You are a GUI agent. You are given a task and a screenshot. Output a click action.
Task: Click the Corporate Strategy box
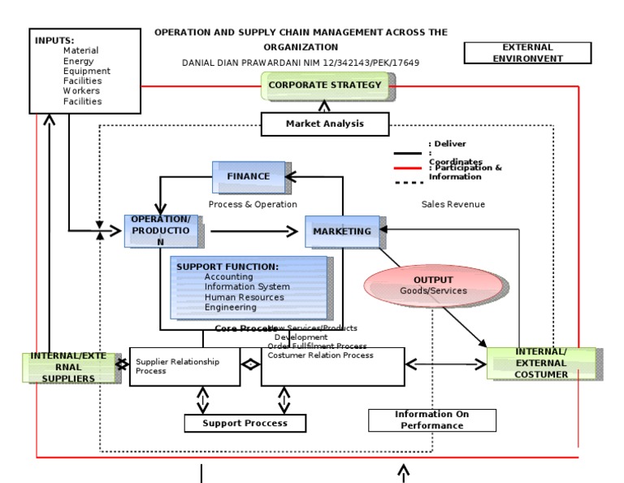tap(325, 85)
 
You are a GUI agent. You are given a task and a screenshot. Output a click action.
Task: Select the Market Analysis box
tap(325, 124)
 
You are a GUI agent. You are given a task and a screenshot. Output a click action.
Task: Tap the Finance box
tap(248, 176)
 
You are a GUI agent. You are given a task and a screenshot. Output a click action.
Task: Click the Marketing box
tap(342, 231)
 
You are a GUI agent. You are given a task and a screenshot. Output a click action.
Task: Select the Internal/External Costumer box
tap(541, 363)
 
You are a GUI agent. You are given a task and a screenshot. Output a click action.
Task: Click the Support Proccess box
tap(235, 423)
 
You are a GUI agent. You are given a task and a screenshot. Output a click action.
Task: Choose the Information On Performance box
tap(431, 420)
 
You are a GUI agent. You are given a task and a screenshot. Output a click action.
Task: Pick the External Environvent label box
tap(526, 53)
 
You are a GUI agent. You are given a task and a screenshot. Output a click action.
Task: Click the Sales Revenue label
tap(453, 204)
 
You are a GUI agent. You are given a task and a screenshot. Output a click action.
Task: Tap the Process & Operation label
tap(253, 204)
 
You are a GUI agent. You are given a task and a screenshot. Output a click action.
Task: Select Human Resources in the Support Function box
tap(244, 297)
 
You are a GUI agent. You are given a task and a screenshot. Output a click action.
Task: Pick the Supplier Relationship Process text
tap(177, 366)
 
